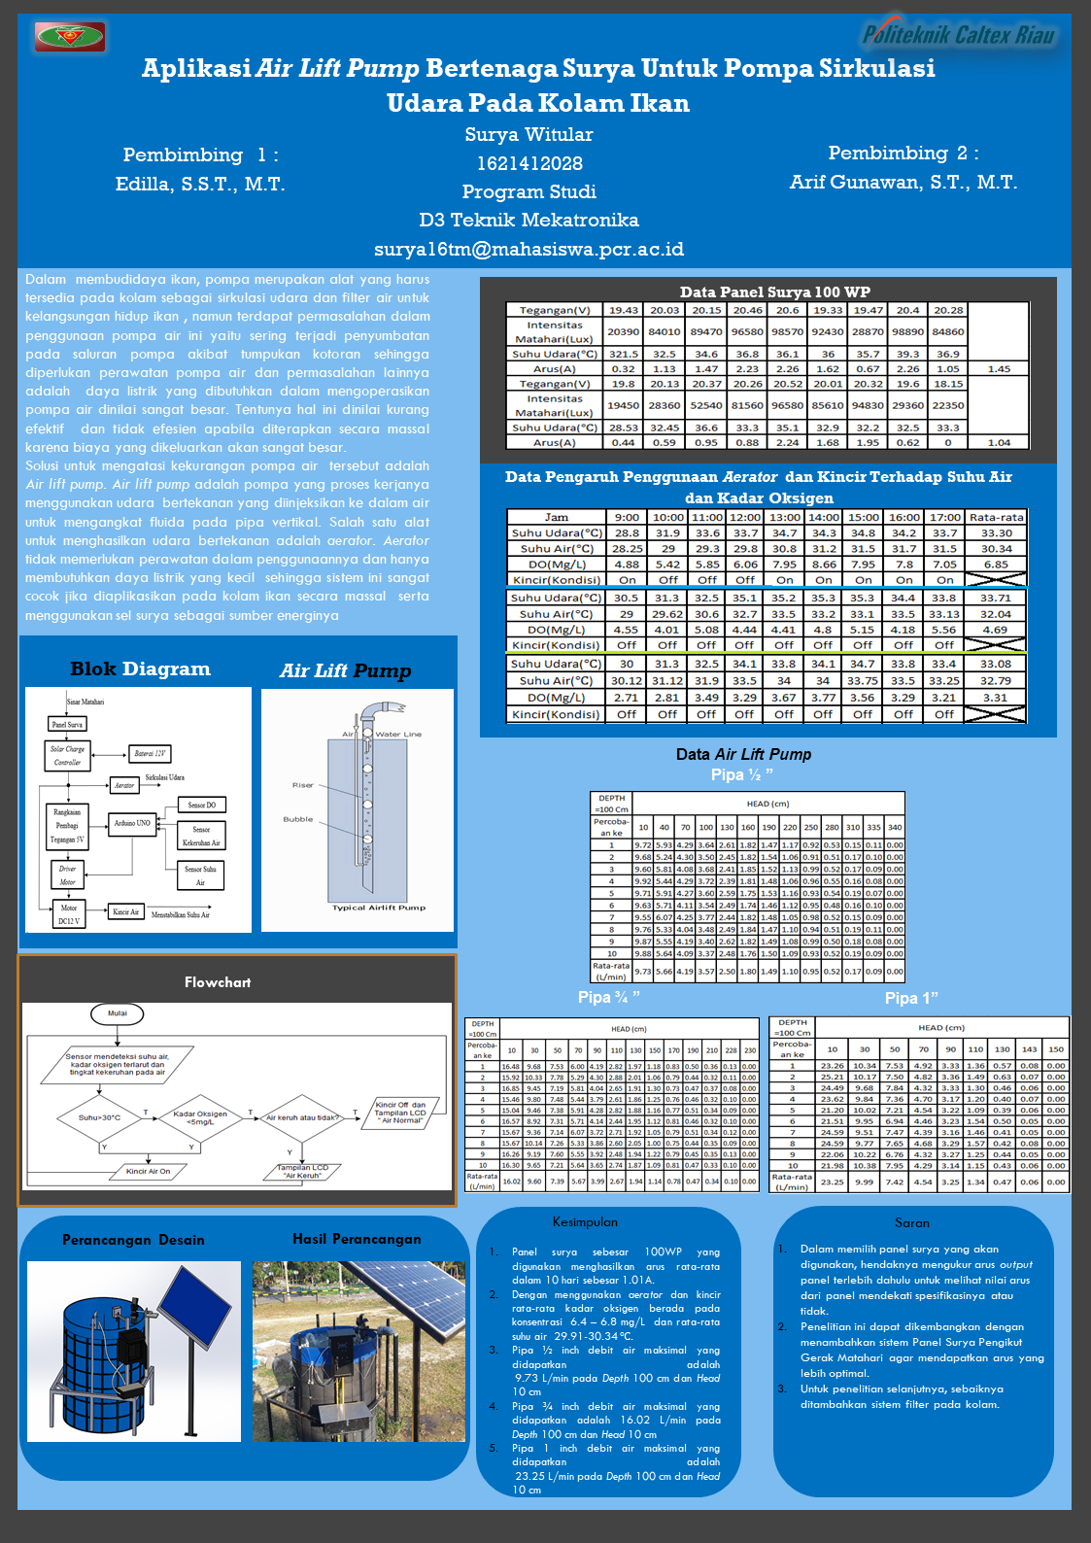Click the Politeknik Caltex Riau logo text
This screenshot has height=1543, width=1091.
[958, 36]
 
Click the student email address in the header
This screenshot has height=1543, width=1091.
[528, 250]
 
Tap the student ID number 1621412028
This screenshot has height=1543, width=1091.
[529, 163]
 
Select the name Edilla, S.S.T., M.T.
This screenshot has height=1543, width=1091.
[200, 185]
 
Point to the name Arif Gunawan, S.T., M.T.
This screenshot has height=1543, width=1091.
[903, 183]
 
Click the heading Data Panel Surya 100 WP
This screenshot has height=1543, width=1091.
[774, 291]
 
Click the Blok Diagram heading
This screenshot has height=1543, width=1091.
[140, 669]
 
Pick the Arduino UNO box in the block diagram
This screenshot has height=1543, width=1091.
[132, 823]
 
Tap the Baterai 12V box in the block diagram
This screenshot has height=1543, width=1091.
[150, 753]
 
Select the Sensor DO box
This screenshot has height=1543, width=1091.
[202, 805]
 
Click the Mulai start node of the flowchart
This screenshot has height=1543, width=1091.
[118, 1013]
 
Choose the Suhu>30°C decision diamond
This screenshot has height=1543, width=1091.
[99, 1117]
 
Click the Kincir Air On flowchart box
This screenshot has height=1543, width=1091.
[148, 1171]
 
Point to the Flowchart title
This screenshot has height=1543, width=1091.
[218, 982]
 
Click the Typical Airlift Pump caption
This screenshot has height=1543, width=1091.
[379, 908]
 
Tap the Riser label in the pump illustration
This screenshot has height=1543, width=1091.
[303, 785]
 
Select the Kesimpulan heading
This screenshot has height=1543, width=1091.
[585, 1222]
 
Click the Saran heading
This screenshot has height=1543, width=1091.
[912, 1223]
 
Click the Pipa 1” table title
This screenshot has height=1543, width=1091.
[911, 999]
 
